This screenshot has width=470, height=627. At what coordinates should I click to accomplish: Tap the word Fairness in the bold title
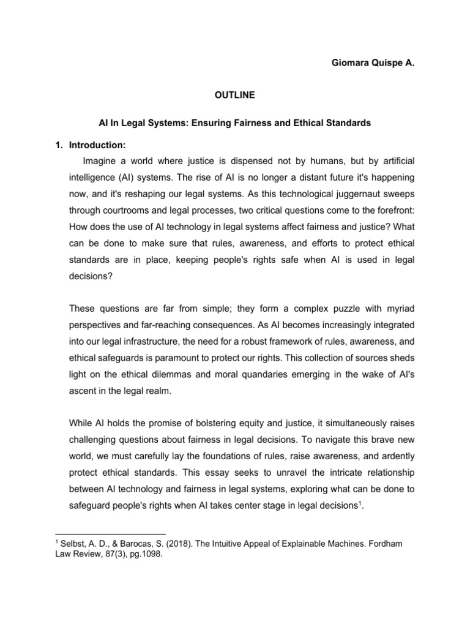[268, 123]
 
